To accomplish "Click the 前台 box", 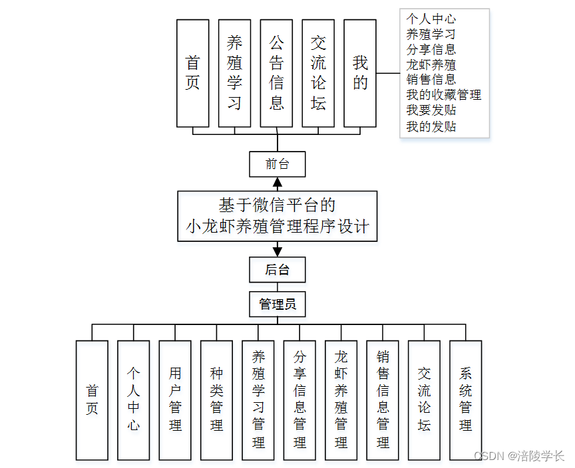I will (278, 164).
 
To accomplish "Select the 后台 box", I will (278, 270).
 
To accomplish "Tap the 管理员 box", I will (278, 304).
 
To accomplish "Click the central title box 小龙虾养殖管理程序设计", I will (278, 215).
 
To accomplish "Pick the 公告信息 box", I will (276, 73).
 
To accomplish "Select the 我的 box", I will (360, 73).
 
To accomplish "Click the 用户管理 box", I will (175, 400).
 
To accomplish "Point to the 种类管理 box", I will (216, 400).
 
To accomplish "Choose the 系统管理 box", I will (466, 400).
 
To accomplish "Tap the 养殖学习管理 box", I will (258, 400).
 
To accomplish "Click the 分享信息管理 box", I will (299, 400).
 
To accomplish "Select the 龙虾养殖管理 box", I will (341, 400).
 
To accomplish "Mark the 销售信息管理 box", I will (383, 400).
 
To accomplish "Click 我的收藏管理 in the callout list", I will (443, 95).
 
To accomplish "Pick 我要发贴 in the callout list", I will (431, 110).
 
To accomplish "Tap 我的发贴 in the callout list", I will (431, 126).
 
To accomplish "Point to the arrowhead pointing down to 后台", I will (278, 251).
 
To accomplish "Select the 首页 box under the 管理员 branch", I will (92, 400).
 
